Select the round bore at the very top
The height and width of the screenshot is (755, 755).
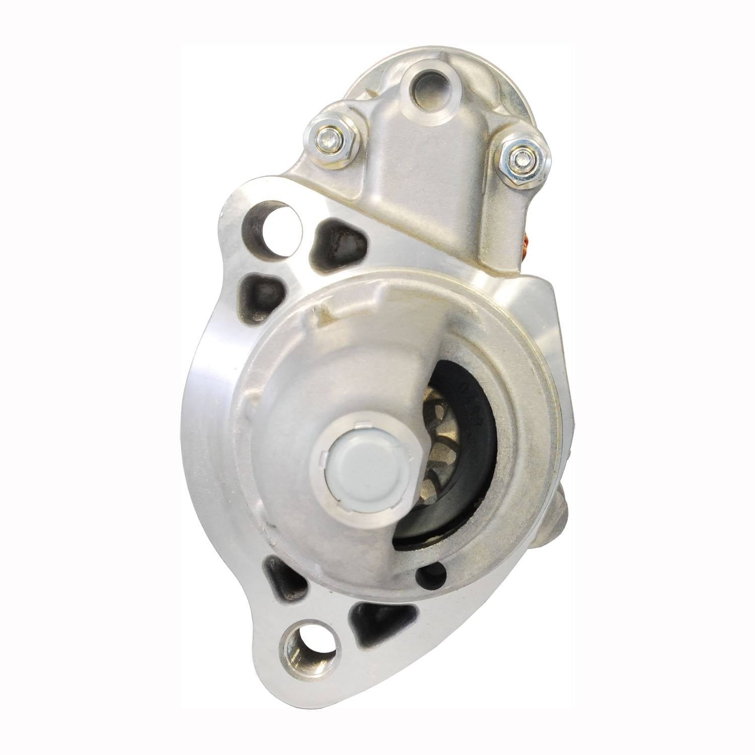coord(427,81)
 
